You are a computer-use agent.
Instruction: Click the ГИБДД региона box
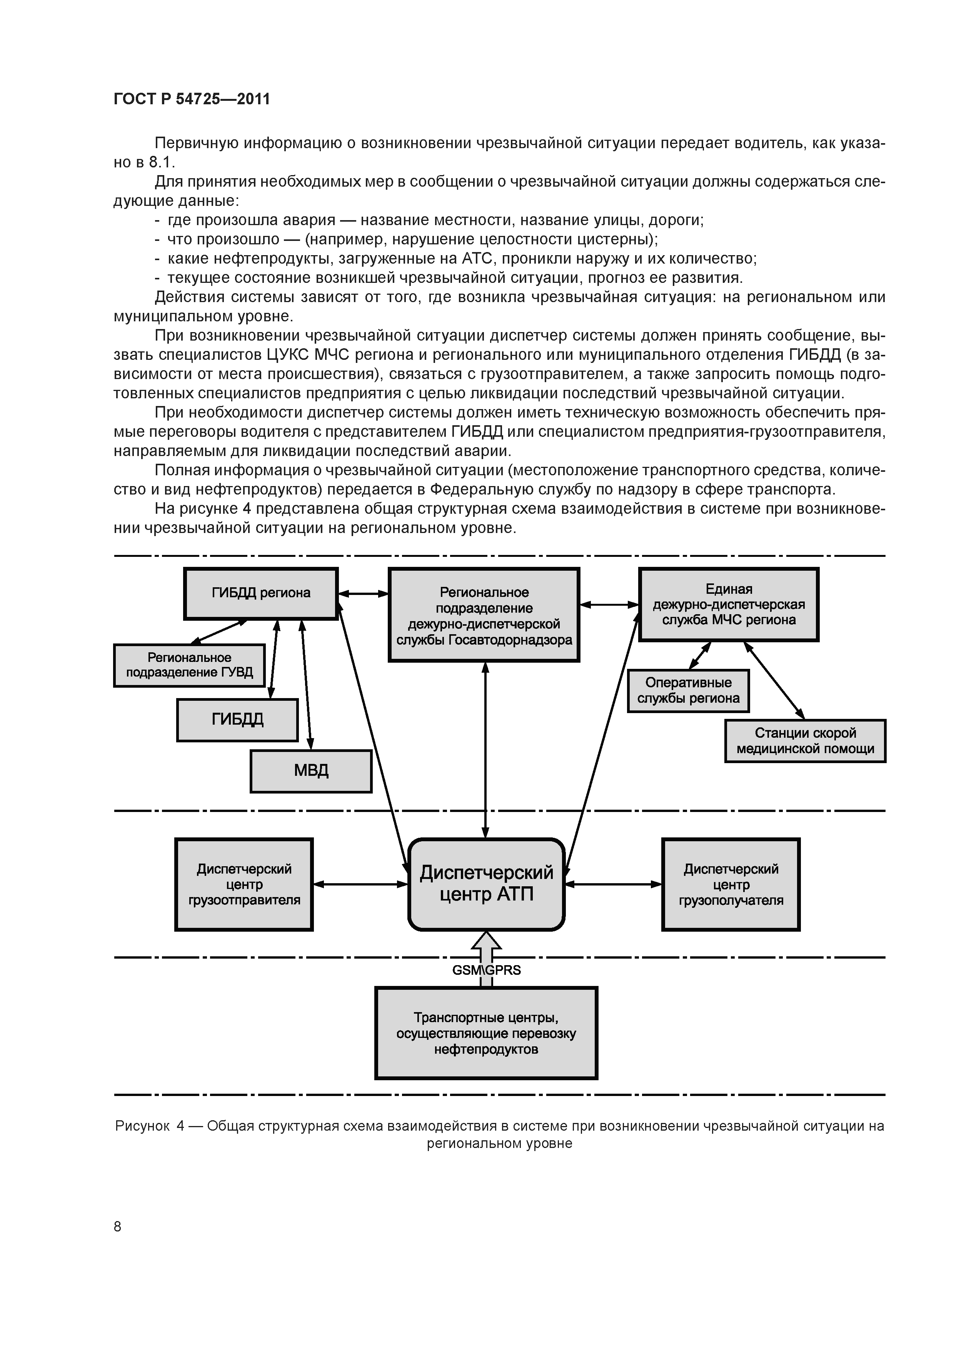(261, 593)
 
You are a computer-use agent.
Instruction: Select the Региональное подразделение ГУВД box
(189, 666)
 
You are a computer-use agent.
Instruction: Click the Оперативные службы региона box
(688, 691)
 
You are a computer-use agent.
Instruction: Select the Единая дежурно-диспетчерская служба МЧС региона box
(729, 605)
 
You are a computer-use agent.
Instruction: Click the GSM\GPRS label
(486, 970)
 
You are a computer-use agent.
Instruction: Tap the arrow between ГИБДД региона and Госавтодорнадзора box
(363, 594)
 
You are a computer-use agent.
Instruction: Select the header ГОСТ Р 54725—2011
(192, 99)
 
